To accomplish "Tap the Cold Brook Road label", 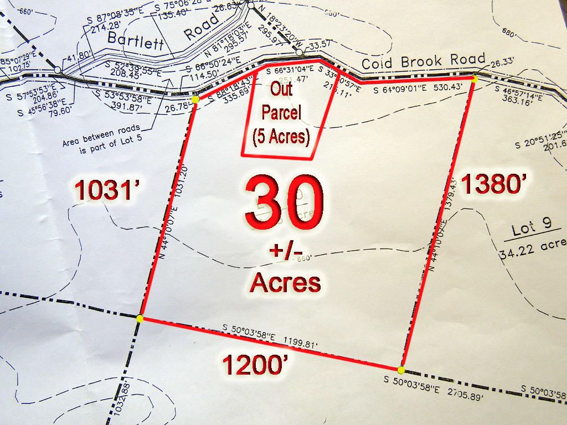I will (x=424, y=61).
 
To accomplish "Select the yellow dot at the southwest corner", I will (x=140, y=318).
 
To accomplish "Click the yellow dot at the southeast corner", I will (x=401, y=370).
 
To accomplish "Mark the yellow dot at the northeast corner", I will (x=475, y=79).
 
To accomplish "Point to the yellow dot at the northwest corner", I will (x=195, y=99).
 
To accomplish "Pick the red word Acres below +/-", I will (x=285, y=282).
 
